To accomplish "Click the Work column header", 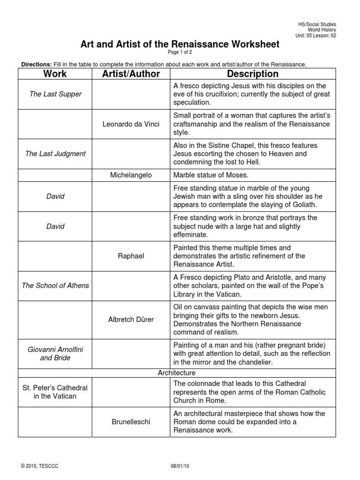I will click(x=55, y=74).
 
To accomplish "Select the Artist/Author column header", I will click(x=131, y=74).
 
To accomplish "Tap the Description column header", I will click(x=252, y=74).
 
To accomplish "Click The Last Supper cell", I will click(x=55, y=94).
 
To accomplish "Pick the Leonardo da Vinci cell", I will click(x=131, y=124).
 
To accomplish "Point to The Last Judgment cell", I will click(x=55, y=154).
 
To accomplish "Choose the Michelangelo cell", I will click(x=131, y=175).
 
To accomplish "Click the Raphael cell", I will click(x=131, y=256).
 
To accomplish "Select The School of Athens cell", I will click(x=55, y=285).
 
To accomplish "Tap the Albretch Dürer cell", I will click(x=131, y=320).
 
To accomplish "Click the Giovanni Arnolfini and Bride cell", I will click(x=55, y=353).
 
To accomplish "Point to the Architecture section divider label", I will click(x=177, y=373).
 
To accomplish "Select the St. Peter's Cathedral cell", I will click(x=55, y=392).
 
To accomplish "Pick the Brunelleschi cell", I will click(x=131, y=422).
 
